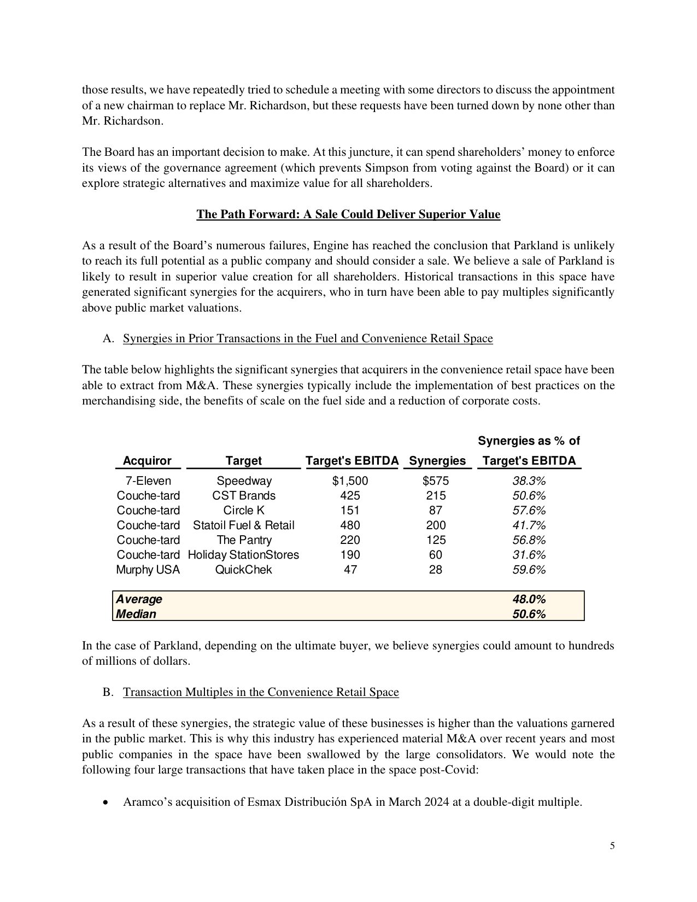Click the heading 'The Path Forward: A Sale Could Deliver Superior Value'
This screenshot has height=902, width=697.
click(x=348, y=214)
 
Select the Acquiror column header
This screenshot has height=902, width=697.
click(x=147, y=461)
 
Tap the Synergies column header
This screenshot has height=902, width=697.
click(x=437, y=461)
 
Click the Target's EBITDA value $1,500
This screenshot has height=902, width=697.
click(x=350, y=481)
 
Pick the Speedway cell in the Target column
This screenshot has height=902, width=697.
click(x=244, y=481)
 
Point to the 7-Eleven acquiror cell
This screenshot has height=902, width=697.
click(x=148, y=481)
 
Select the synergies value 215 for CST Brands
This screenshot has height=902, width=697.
click(x=436, y=496)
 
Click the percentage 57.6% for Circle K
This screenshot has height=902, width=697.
click(x=529, y=511)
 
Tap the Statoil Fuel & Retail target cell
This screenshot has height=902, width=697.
click(x=244, y=525)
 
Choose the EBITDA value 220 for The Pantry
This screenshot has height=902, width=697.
click(x=350, y=540)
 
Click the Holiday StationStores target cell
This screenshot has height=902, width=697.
click(x=244, y=555)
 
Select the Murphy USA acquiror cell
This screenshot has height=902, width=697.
click(x=148, y=570)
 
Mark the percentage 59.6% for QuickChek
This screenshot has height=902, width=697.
click(x=529, y=570)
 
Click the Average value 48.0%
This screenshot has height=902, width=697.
click(x=529, y=599)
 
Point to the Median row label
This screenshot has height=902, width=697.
click(x=136, y=614)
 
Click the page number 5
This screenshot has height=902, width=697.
click(x=612, y=846)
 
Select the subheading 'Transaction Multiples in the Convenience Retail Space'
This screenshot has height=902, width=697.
click(x=261, y=692)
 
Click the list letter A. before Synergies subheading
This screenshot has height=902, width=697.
click(x=108, y=339)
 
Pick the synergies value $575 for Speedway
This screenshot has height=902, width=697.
click(x=436, y=481)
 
